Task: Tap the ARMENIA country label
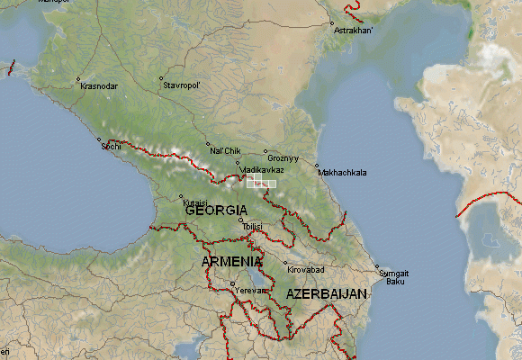click(x=233, y=261)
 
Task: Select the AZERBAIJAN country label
click(x=327, y=294)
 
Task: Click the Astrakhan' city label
click(x=355, y=31)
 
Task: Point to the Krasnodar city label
click(x=99, y=85)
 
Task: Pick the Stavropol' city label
click(x=182, y=85)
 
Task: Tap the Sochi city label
click(x=111, y=146)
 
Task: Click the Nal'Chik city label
click(x=226, y=150)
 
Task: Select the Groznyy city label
click(x=283, y=158)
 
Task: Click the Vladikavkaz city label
click(x=262, y=169)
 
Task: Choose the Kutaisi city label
click(x=195, y=203)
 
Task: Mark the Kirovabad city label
click(x=305, y=269)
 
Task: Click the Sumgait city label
click(x=393, y=273)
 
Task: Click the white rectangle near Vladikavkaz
click(x=260, y=183)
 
